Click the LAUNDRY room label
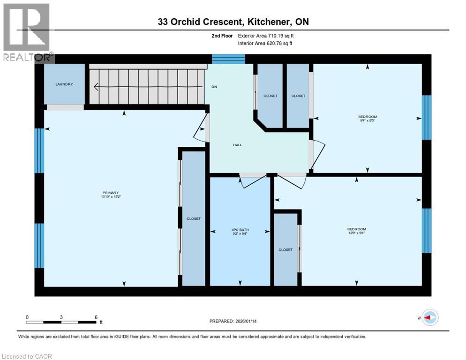pos(64,84)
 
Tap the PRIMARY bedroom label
pos(111,193)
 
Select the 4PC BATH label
pos(240,229)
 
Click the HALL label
pos(238,145)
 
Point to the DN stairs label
pos(214,87)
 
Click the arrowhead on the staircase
pos(97,87)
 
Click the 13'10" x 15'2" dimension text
pos(111,197)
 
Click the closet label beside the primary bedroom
pos(194,218)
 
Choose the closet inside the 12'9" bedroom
pos(286,250)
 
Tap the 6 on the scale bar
pos(96,317)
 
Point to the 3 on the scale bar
pos(61,317)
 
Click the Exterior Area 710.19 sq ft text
pos(266,36)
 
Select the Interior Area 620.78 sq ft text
pos(266,44)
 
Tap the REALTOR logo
pos(27,33)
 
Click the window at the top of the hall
pos(228,59)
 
